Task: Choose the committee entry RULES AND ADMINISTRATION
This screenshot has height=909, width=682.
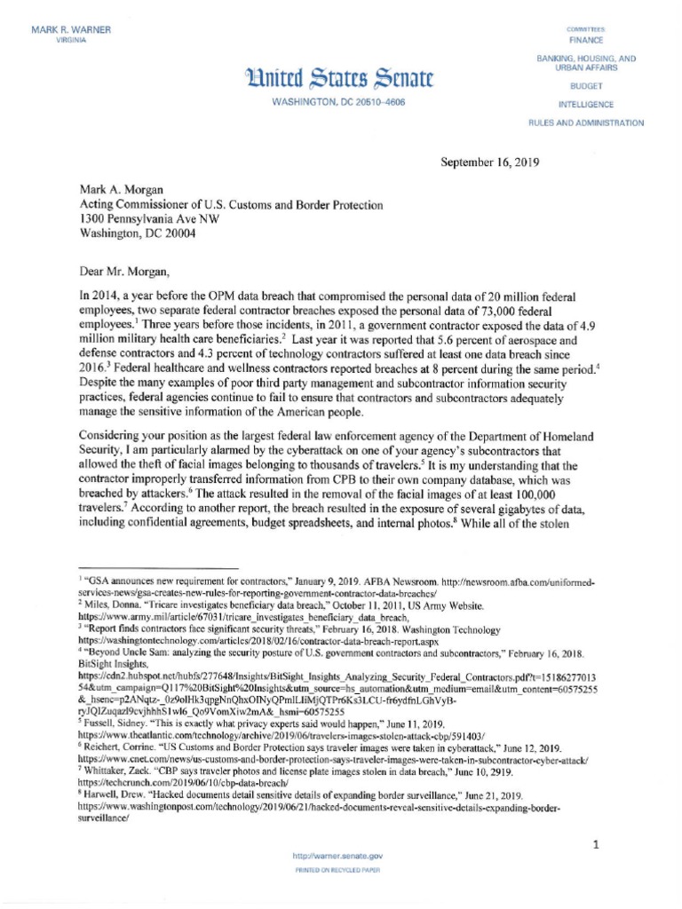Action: (x=586, y=123)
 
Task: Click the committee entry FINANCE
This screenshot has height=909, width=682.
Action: (x=586, y=40)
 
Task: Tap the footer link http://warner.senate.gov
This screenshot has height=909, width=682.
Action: (x=337, y=856)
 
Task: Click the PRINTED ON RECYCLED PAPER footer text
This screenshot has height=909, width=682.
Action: (x=337, y=870)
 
